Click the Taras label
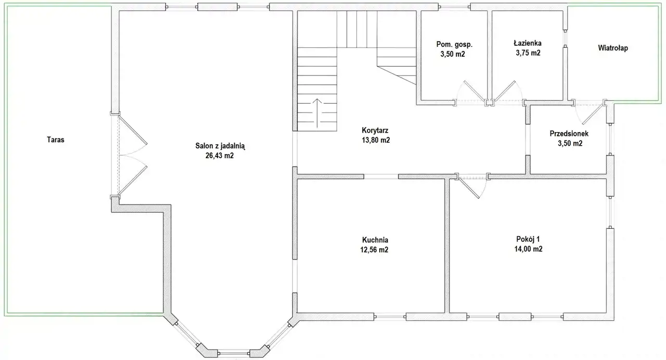[x=56, y=140]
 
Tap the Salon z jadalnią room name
[x=220, y=146]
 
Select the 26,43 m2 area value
[x=220, y=156]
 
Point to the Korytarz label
[x=375, y=130]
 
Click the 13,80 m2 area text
[x=376, y=140]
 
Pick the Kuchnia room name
[x=375, y=240]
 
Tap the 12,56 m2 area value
[x=374, y=250]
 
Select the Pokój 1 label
[x=528, y=239]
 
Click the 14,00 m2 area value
[x=528, y=249]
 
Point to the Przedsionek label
[x=569, y=134]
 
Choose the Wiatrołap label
[x=613, y=48]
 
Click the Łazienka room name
[x=528, y=43]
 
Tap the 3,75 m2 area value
[x=528, y=53]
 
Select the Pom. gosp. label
[x=454, y=45]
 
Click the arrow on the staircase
[x=317, y=113]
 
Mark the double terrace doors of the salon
[x=132, y=155]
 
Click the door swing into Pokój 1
[x=472, y=187]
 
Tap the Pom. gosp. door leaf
[x=475, y=91]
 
